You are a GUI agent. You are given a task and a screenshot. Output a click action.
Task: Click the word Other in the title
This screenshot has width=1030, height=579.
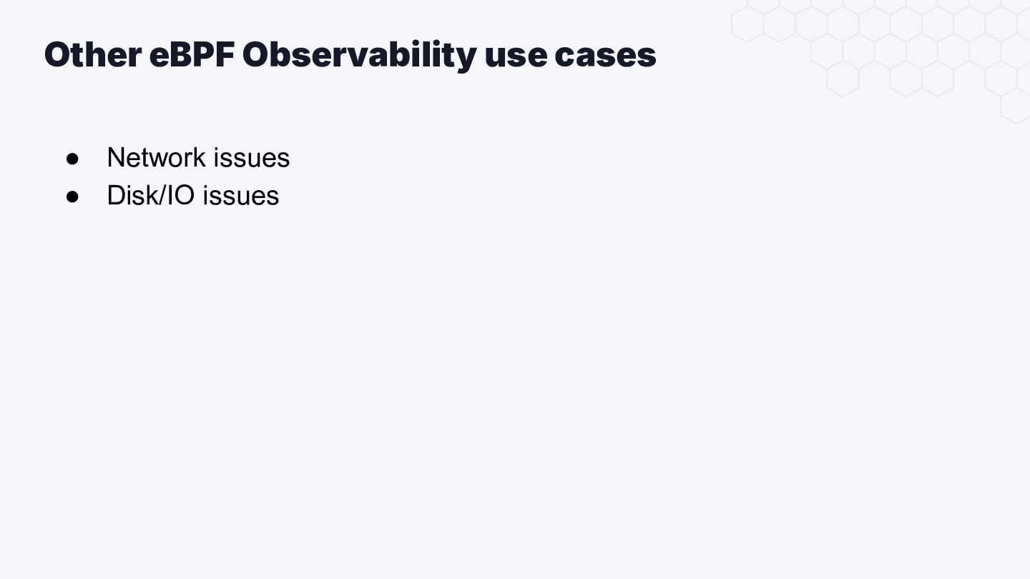93,54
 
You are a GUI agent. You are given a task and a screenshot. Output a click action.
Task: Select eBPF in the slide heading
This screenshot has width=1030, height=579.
192,54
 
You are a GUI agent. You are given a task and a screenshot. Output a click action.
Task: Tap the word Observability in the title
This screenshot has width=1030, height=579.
359,56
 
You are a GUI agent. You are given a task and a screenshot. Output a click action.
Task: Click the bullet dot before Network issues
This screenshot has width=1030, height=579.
72,159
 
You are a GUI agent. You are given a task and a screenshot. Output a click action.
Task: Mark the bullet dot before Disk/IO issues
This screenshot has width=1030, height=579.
72,197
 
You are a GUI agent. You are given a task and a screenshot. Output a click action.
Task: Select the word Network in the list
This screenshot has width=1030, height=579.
157,157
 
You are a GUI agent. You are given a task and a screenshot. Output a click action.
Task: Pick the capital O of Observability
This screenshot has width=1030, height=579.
257,54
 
